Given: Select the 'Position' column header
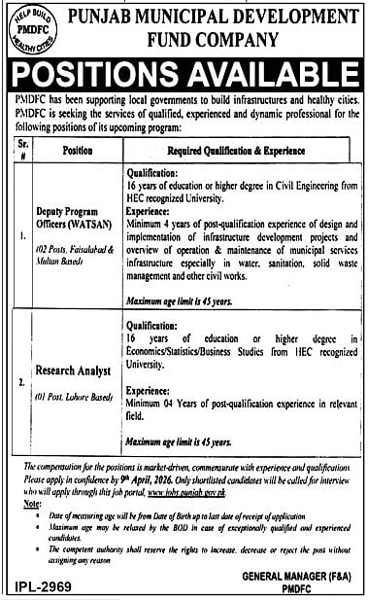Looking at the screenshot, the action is coord(78,151).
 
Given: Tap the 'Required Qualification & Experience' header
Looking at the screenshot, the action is coord(236,151).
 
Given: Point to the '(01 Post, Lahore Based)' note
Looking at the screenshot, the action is coord(69,397).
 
